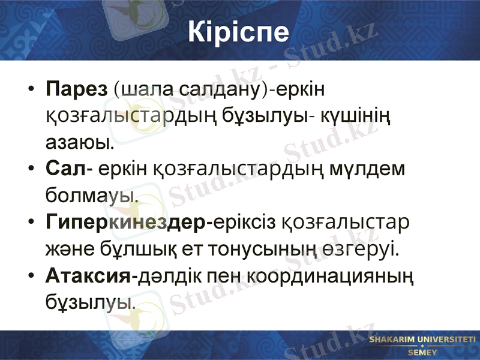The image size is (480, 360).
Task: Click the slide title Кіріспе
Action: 238,32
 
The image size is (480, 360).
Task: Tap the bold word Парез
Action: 76,90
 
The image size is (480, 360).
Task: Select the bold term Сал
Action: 65,169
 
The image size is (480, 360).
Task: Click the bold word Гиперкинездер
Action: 125,222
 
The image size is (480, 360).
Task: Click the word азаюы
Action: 79,143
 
